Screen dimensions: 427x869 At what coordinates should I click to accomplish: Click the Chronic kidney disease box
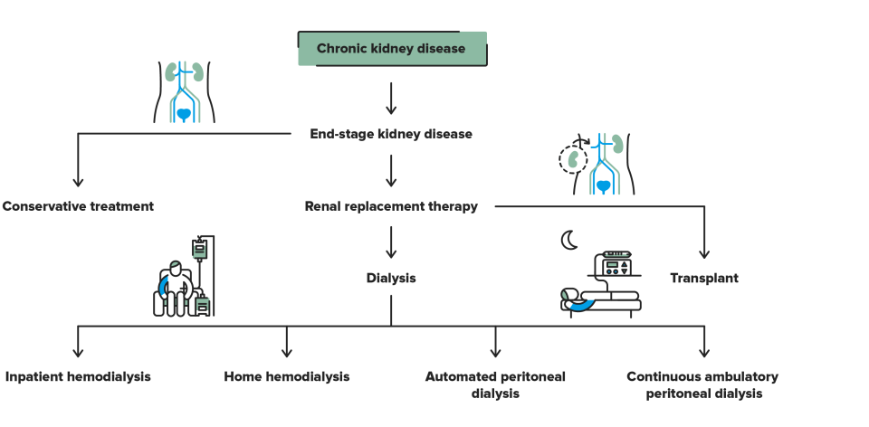coord(392,49)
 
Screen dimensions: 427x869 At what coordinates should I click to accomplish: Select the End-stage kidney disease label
coord(391,134)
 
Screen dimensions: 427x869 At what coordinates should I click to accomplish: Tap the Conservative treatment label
coord(78,206)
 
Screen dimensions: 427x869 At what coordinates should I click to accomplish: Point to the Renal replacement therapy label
coord(391,206)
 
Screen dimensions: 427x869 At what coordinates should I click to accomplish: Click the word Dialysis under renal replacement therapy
coord(391,278)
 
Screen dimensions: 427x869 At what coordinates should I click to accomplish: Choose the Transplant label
coord(703,278)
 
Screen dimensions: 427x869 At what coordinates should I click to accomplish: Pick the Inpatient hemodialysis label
coord(78,376)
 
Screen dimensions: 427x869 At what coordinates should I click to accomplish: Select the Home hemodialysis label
coord(287,376)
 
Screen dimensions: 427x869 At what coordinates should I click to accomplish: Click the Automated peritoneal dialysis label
coord(495,384)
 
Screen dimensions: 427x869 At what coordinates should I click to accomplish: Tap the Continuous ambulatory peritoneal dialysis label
coord(702,384)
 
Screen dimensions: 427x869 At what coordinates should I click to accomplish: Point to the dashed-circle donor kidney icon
coord(572,160)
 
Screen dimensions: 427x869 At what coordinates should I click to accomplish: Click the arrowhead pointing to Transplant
coord(704,253)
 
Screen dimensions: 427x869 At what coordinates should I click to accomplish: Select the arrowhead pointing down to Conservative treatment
coord(78,181)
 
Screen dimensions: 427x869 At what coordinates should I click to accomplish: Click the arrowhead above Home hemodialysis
coord(287,353)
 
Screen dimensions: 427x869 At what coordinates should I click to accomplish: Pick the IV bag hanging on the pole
coord(200,246)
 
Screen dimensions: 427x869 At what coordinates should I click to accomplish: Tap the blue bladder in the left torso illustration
coord(185,112)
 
